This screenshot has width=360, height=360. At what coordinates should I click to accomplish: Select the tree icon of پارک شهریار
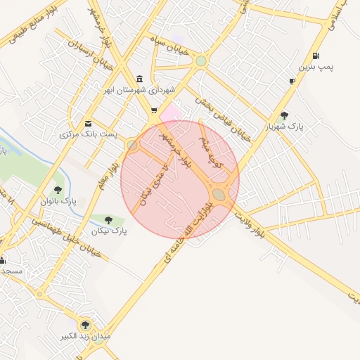coord(283,115)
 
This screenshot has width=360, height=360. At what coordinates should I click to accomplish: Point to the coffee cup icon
coord(292,82)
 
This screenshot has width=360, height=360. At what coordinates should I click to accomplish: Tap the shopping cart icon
coord(153,110)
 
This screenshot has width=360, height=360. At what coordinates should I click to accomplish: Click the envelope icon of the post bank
coord(88,122)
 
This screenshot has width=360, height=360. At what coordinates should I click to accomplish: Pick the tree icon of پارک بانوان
coord(58,190)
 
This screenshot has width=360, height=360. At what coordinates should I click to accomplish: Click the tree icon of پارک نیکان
coord(108,220)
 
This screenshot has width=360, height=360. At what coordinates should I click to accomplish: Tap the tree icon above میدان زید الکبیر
coord(86,324)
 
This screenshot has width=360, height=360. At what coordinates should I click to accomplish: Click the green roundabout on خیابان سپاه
coord(202,61)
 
